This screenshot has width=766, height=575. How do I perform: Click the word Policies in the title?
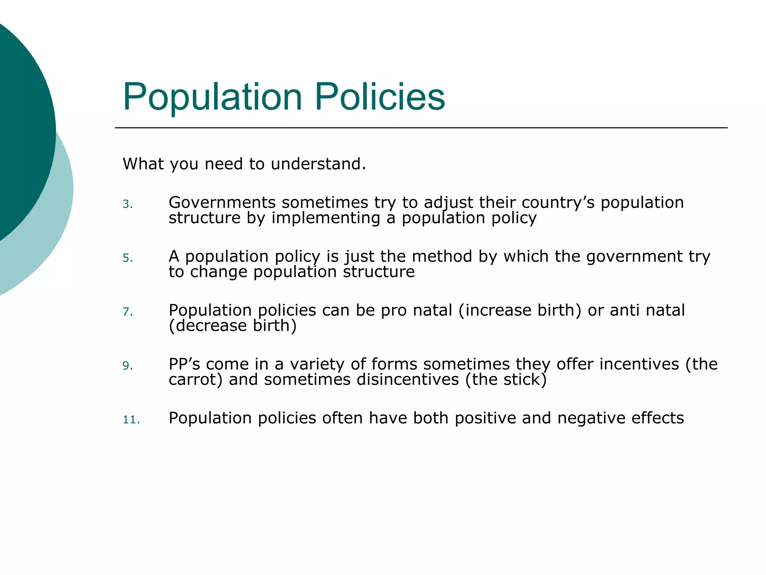(380, 97)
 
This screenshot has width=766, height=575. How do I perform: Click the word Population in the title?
(212, 97)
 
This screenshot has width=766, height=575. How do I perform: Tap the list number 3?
(128, 204)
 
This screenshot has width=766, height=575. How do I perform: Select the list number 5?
(128, 258)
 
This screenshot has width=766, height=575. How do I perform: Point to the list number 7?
(128, 312)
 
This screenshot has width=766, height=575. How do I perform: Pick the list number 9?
(128, 366)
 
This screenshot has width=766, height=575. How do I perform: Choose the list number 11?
(131, 420)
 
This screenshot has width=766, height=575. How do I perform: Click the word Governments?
(222, 203)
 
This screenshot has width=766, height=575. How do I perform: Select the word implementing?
(326, 218)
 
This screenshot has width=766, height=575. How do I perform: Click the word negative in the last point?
(591, 418)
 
